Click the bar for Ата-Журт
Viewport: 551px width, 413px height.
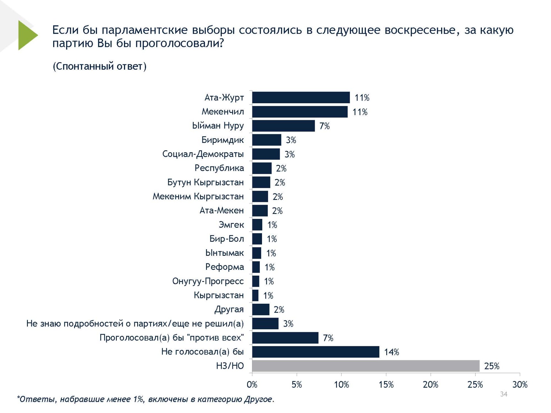[x=301, y=98]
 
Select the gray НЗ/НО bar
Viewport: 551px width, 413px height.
[x=366, y=366]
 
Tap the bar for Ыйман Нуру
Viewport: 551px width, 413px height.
[x=283, y=126]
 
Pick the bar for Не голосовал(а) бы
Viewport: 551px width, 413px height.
[x=315, y=352]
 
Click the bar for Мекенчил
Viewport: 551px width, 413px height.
[x=300, y=112]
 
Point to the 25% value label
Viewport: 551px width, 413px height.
[x=492, y=366]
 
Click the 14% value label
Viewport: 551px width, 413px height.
[x=391, y=352]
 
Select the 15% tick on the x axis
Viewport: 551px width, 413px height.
[x=386, y=385]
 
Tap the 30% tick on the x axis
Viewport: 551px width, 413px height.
[x=520, y=385]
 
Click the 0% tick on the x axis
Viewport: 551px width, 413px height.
[x=252, y=385]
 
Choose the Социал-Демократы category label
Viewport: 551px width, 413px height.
[x=203, y=154]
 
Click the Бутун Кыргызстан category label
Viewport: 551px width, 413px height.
[x=205, y=182]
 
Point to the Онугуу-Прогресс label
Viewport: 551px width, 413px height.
[x=208, y=281]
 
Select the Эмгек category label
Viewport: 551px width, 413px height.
[x=231, y=225]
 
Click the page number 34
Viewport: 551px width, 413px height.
[x=504, y=394]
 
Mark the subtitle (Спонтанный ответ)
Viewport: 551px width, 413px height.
[x=100, y=66]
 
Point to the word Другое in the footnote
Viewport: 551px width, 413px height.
[x=258, y=399]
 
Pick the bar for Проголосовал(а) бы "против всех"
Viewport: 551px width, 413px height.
[x=285, y=338]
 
